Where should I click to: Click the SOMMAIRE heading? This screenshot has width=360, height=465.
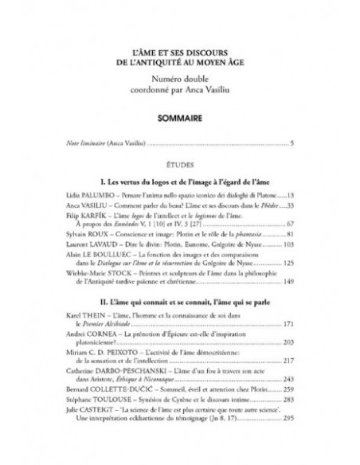pyautogui.click(x=179, y=116)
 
